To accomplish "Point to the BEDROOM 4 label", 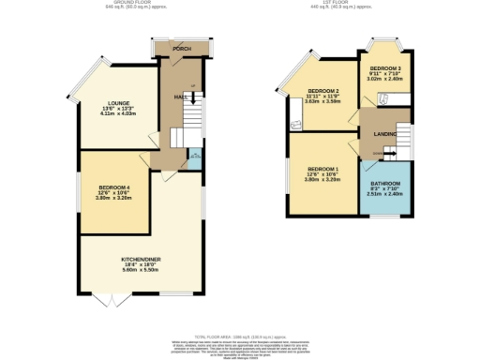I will click(114, 187).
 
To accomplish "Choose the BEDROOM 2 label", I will click(322, 91).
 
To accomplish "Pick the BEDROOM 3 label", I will click(384, 68).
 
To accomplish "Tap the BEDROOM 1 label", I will click(322, 168).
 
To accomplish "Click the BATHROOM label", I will click(385, 183).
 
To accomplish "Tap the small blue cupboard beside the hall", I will click(194, 159).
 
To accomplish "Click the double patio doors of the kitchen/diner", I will click(111, 299).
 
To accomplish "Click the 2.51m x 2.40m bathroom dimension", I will click(385, 195).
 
